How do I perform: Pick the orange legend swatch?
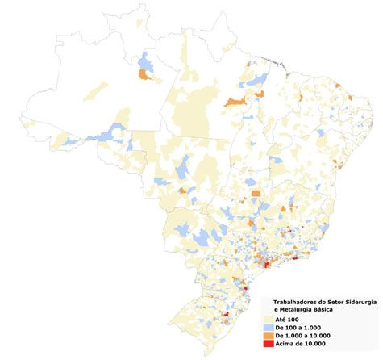[267, 336]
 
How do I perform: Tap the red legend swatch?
[267, 344]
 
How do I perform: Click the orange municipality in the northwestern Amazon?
[146, 75]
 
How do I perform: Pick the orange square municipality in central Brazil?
[256, 195]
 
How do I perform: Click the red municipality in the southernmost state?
[227, 316]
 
